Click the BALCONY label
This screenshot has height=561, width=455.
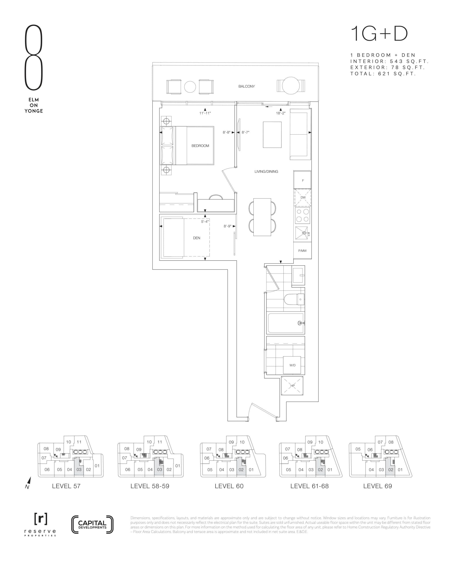246,86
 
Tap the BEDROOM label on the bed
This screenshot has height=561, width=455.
200,146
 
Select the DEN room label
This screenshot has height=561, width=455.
197,238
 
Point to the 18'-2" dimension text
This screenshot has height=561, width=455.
281,113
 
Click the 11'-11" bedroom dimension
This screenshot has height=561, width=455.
205,113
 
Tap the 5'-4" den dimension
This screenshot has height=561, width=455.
205,222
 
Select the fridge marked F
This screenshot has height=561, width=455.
303,180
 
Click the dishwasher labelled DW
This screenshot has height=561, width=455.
303,197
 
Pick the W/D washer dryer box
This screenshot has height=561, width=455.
292,365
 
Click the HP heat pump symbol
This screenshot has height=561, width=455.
292,386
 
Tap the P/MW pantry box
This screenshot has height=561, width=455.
302,251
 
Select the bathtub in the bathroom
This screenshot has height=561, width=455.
286,323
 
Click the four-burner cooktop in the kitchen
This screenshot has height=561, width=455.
303,215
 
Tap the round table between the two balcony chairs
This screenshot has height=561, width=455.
190,87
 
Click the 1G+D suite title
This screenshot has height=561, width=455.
379,34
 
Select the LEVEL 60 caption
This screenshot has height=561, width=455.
229,486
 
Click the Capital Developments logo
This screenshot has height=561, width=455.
92,525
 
